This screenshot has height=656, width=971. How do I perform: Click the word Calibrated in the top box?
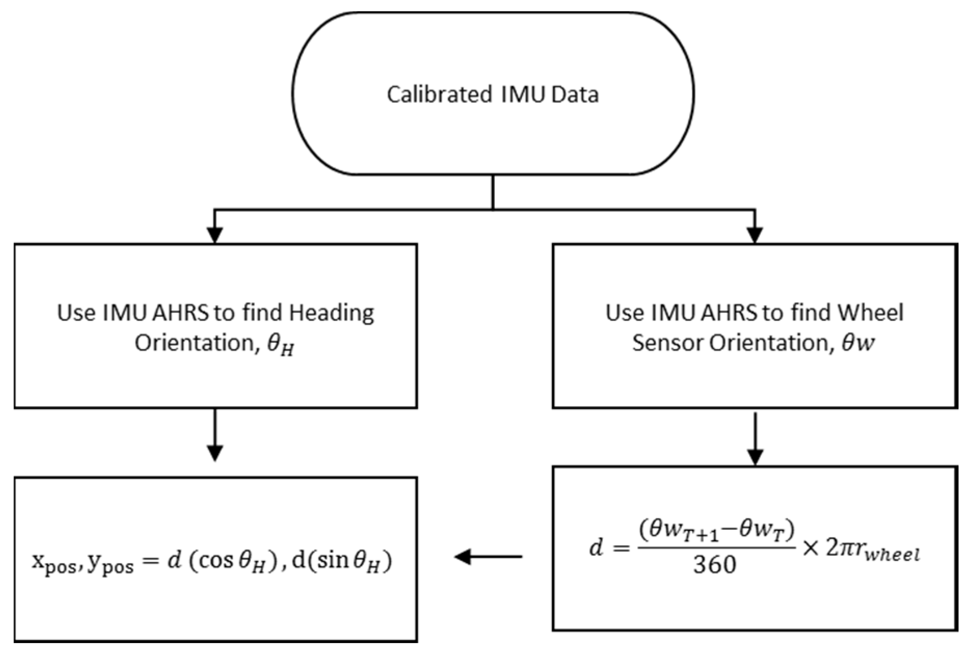(x=439, y=95)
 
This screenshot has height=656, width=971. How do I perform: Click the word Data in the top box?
(x=575, y=95)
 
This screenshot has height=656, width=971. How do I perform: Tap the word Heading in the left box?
(x=331, y=313)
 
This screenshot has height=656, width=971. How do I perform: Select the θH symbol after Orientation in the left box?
(x=280, y=345)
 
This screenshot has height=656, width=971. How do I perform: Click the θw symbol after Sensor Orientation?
(x=858, y=343)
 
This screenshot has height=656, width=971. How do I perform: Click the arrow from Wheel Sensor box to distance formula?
(x=754, y=439)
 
